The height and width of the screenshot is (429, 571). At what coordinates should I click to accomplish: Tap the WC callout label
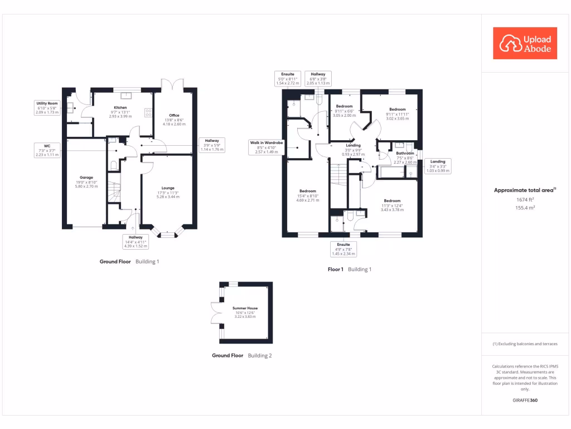(x=47, y=150)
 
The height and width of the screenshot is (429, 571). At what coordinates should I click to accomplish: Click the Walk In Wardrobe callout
(x=266, y=147)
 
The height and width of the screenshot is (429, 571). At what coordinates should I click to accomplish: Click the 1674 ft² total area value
(x=524, y=199)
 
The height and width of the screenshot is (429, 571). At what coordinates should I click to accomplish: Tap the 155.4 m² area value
(x=524, y=207)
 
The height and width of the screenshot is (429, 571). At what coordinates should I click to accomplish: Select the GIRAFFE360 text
(x=525, y=401)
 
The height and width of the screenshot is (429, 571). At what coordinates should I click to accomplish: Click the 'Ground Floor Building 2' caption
(x=241, y=355)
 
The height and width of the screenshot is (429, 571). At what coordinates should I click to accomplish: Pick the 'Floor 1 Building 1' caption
(x=349, y=269)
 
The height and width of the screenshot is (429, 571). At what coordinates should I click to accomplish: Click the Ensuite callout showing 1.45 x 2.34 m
(x=343, y=249)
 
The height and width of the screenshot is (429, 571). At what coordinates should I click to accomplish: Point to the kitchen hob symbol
(x=148, y=112)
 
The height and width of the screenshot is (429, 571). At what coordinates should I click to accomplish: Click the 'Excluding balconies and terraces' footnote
(x=525, y=344)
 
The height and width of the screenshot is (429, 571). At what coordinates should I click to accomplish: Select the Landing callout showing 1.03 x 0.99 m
(x=438, y=166)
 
